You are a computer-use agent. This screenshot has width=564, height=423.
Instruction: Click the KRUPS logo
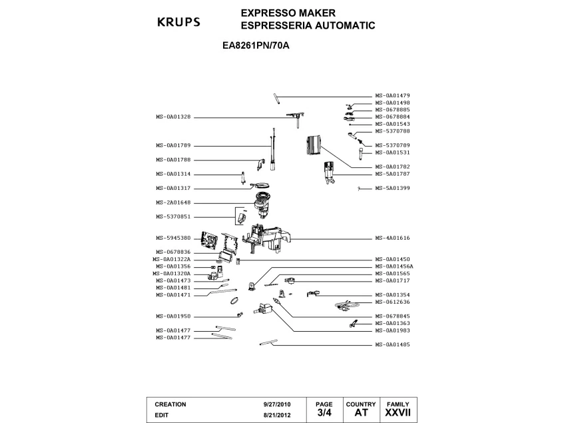(178, 22)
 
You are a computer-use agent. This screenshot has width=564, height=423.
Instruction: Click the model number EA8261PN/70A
(256, 46)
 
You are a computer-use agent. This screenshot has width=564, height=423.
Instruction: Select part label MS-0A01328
(173, 117)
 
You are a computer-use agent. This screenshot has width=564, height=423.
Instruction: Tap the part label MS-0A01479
(392, 96)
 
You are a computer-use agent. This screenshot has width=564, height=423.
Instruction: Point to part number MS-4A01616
(392, 238)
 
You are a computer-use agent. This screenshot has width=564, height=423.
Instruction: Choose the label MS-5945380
(173, 238)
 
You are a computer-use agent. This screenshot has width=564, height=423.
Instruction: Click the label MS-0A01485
(392, 344)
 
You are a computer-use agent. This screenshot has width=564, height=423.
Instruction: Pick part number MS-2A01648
(173, 203)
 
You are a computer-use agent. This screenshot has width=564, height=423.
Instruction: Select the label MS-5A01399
(392, 188)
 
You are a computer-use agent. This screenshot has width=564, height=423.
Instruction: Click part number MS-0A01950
(173, 316)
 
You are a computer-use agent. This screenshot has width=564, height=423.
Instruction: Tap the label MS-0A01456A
(394, 266)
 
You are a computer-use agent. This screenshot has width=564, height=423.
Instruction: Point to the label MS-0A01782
(392, 167)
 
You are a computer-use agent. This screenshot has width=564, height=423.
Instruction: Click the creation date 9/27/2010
(277, 404)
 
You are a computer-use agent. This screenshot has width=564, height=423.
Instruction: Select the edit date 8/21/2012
(277, 415)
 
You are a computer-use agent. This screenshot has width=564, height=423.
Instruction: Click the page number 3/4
(324, 412)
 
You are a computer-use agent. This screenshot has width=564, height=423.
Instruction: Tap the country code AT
(361, 412)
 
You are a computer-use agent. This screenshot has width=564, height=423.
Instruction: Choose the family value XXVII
(398, 412)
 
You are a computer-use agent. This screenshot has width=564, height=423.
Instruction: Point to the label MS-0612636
(392, 302)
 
